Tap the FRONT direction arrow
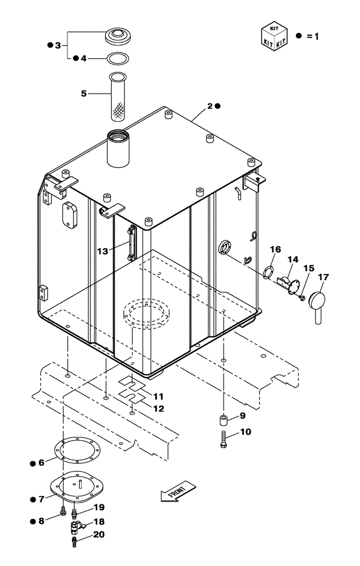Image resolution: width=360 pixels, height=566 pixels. pyautogui.click(x=178, y=491)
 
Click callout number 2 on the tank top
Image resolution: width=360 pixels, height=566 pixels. pyautogui.click(x=209, y=106)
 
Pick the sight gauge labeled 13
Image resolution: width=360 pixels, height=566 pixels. pyautogui.click(x=132, y=243)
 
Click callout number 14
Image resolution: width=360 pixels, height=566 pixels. pyautogui.click(x=293, y=259)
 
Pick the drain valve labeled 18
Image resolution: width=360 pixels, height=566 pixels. pyautogui.click(x=76, y=528)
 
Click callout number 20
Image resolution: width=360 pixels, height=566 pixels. pyautogui.click(x=99, y=534)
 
